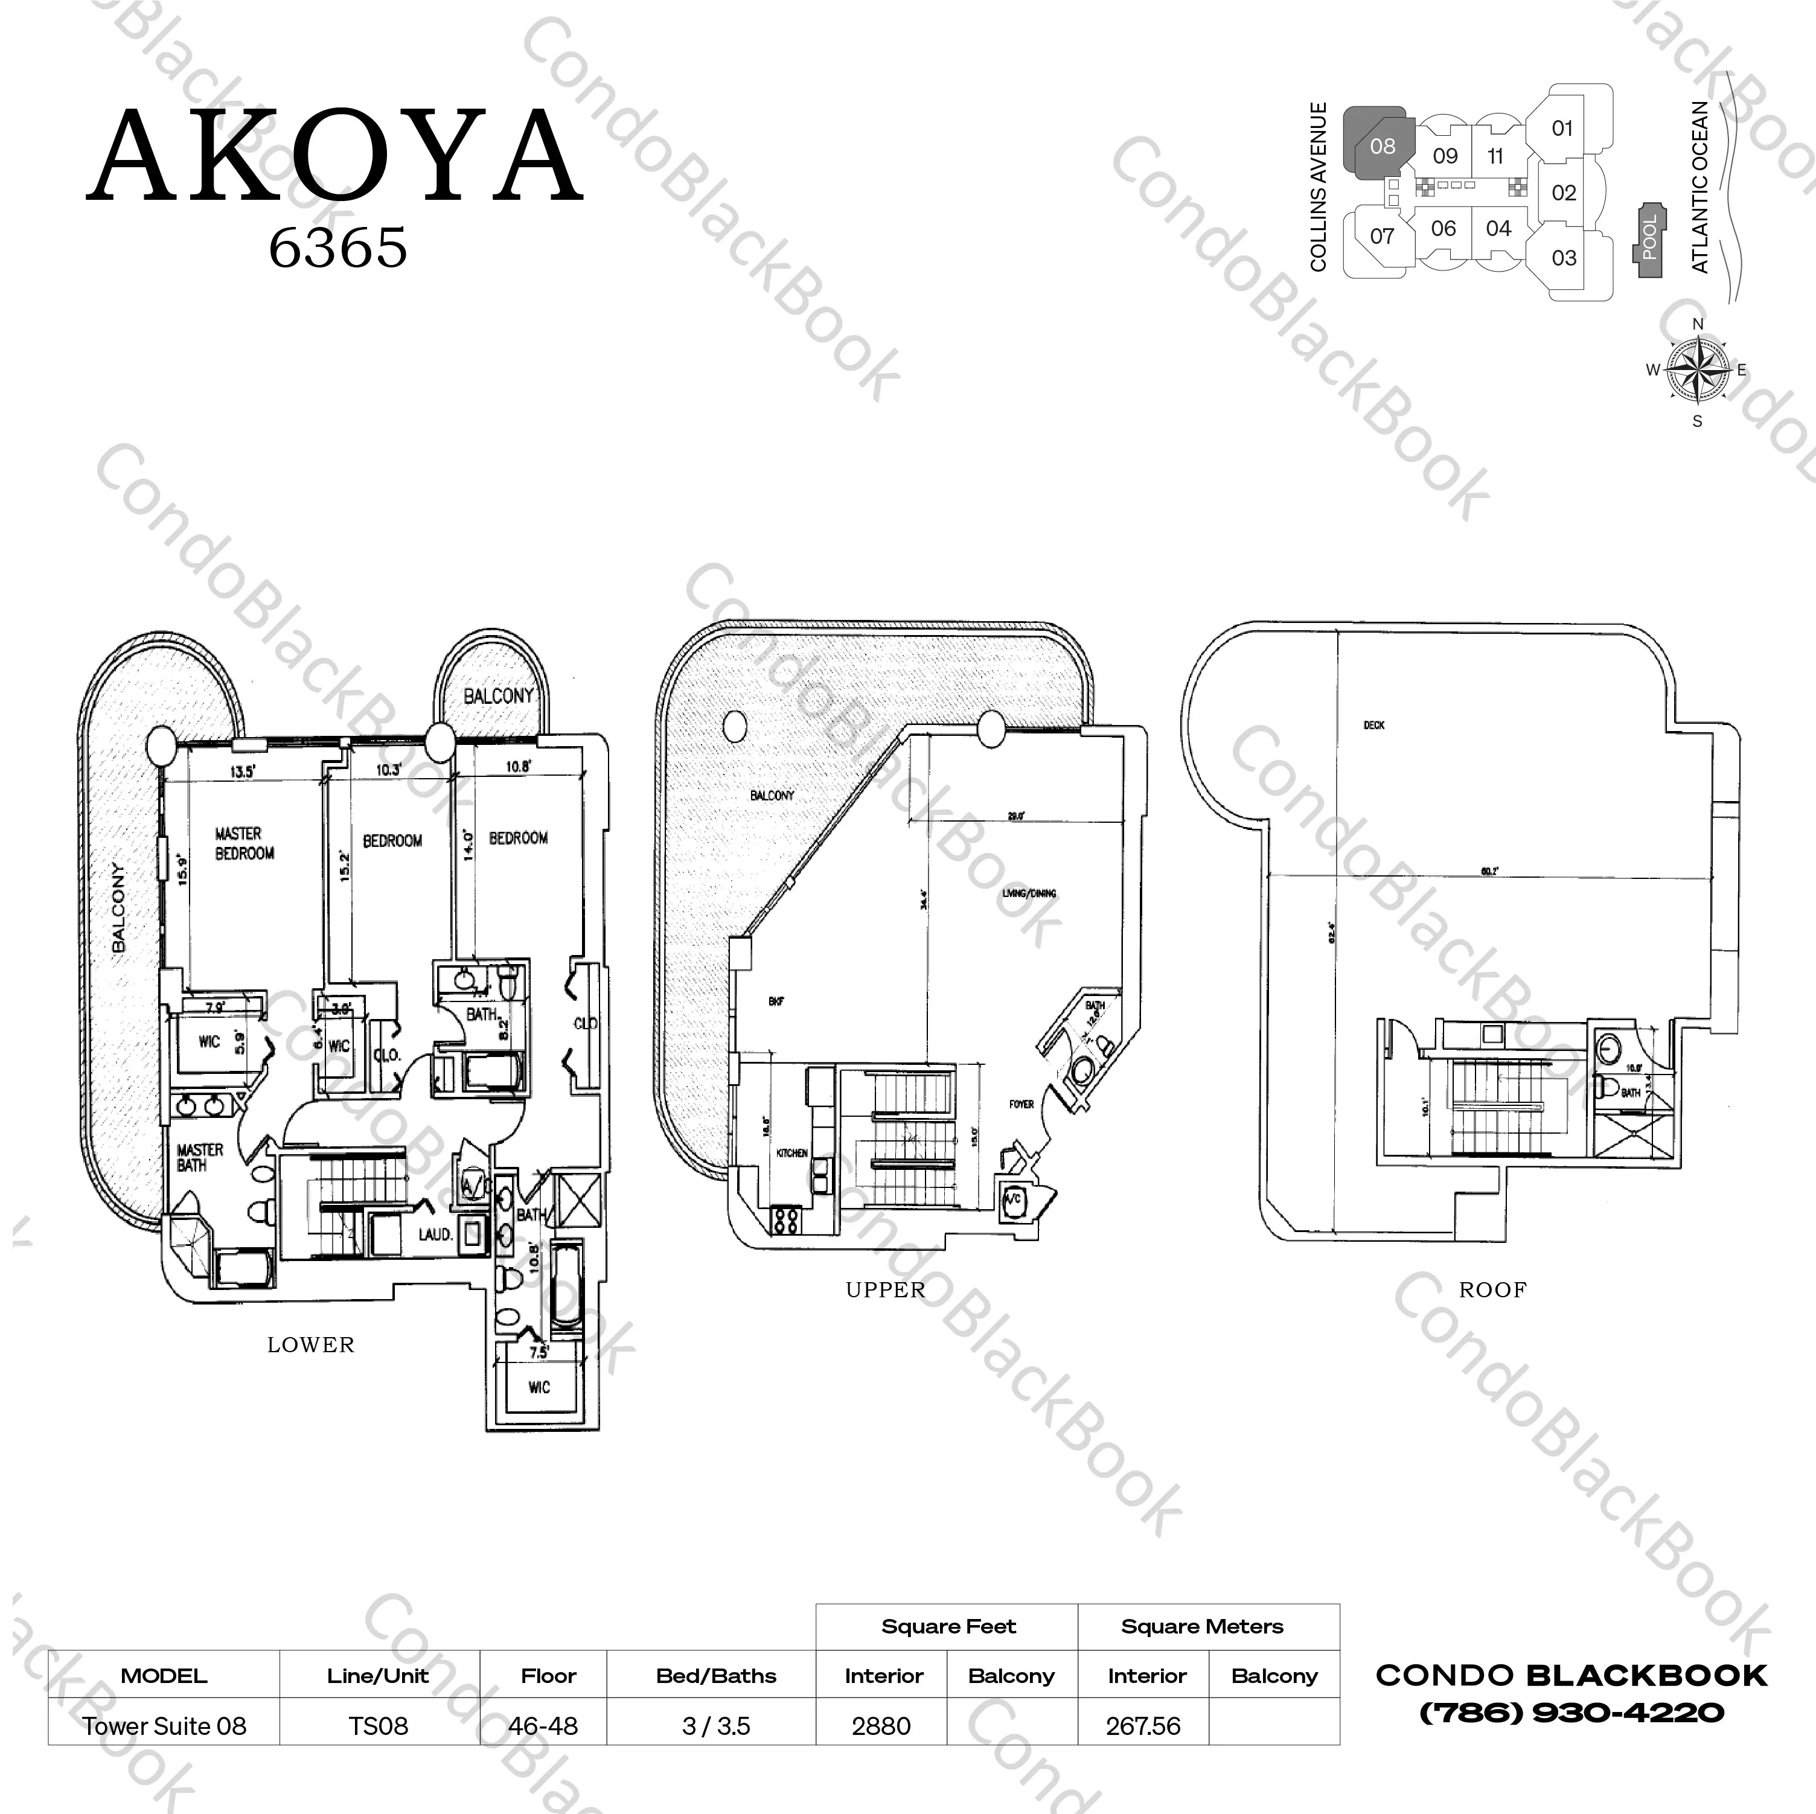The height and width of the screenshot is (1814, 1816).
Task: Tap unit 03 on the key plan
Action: (1563, 258)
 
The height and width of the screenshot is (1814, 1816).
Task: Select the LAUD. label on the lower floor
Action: (436, 1233)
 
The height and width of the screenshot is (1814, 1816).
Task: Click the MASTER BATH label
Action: (199, 1157)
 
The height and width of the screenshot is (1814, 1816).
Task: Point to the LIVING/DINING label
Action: (1029, 893)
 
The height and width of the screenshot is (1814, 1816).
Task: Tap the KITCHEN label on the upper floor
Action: (791, 1152)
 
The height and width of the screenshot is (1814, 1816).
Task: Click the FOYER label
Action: (1021, 1104)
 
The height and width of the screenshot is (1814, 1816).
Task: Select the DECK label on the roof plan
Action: (1373, 724)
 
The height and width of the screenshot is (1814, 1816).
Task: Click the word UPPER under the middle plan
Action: (886, 1289)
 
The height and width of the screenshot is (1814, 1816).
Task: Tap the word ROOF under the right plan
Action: (1492, 1289)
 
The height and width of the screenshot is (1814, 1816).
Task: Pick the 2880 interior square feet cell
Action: (881, 1726)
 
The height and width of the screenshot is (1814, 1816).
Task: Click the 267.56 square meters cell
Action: (1143, 1726)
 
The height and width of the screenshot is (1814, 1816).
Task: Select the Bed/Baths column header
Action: (716, 1676)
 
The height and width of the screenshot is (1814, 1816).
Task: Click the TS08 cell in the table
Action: (379, 1726)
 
